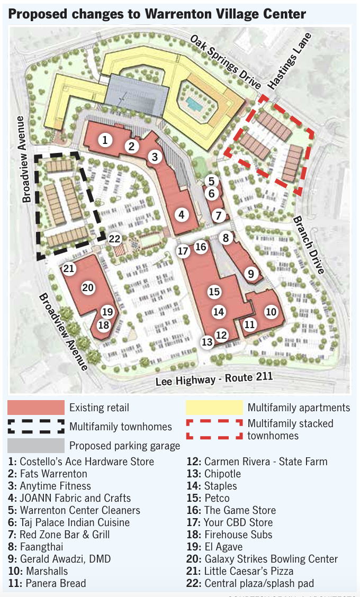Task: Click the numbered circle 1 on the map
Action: click(105, 140)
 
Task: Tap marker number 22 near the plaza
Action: click(115, 239)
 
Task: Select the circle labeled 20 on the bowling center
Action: click(88, 288)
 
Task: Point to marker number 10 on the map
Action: click(271, 312)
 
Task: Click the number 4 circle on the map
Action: click(182, 215)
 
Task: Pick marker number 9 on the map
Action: click(251, 274)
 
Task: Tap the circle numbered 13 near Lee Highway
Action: click(207, 342)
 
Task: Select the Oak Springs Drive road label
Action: click(226, 62)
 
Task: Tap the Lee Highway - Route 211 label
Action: click(214, 379)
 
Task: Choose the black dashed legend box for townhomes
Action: click(35, 427)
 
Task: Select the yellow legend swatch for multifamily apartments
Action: click(214, 408)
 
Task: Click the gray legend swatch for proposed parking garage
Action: click(35, 446)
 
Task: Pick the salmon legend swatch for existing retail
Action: click(35, 408)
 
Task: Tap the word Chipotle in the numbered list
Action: click(222, 474)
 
